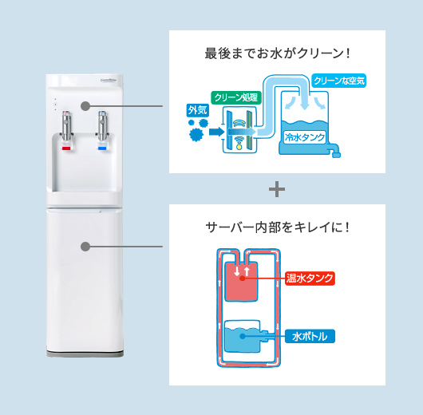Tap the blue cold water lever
(102, 148)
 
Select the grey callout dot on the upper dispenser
(84, 105)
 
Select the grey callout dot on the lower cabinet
(85, 246)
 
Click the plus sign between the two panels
(277, 189)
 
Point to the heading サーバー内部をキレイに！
(277, 227)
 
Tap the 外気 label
(196, 110)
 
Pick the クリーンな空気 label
(339, 81)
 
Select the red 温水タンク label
(310, 279)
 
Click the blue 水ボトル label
(310, 336)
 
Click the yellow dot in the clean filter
(238, 145)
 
